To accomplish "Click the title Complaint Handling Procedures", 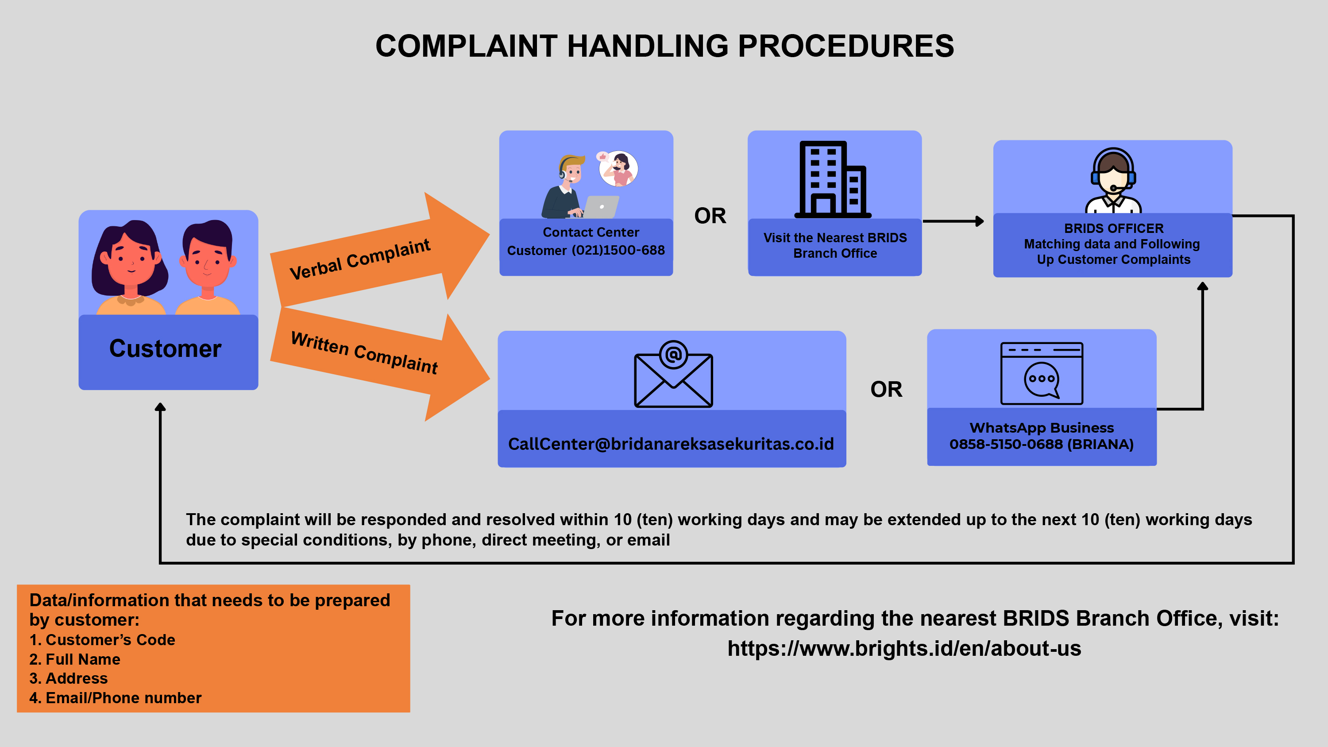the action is [664, 46].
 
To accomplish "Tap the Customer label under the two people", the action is [166, 348].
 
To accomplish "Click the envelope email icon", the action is [673, 374].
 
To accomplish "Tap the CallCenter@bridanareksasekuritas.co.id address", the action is [671, 444].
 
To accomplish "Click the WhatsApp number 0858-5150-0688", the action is [1006, 445].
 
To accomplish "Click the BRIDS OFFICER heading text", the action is [1114, 228].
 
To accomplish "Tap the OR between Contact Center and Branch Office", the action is [710, 216].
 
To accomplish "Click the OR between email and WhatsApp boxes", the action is [886, 389].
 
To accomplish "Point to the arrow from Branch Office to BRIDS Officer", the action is [953, 221].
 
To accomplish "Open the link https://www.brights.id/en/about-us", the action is [904, 648].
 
